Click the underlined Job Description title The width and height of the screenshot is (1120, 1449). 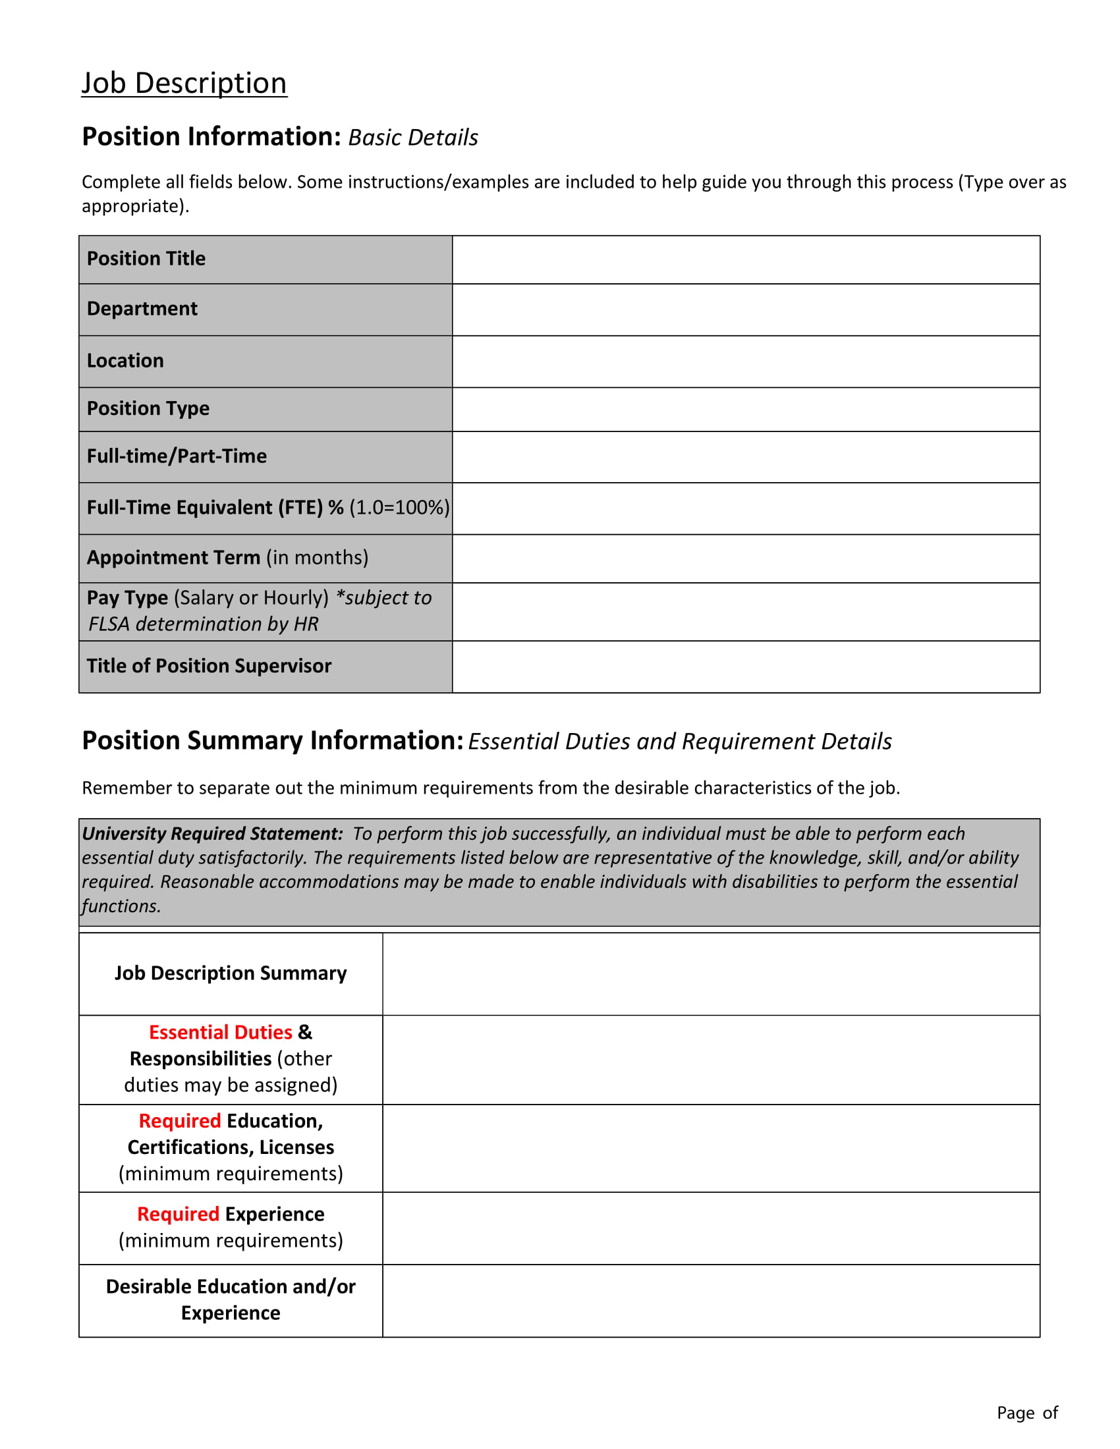184,84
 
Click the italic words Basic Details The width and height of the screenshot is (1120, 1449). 412,138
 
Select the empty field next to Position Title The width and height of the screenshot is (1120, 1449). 745,260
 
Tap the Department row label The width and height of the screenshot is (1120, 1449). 142,308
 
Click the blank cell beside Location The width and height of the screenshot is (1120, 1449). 745,362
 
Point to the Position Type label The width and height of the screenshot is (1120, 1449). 148,408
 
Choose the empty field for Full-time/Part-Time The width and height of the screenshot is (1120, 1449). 745,456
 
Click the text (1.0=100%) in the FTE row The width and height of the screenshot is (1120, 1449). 399,508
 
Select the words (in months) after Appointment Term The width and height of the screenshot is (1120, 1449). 317,557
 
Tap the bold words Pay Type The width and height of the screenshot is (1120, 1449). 126,598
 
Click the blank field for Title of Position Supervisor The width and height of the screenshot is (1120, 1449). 745,666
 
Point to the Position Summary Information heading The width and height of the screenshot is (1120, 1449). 272,740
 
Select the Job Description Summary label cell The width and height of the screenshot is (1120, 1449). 230,973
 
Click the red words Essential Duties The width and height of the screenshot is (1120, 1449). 220,1032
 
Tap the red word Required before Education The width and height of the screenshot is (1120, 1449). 180,1120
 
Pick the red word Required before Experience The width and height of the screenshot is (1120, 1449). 178,1213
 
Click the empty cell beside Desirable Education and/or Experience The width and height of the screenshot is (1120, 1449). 710,1299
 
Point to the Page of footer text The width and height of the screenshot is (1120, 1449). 1026,1413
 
